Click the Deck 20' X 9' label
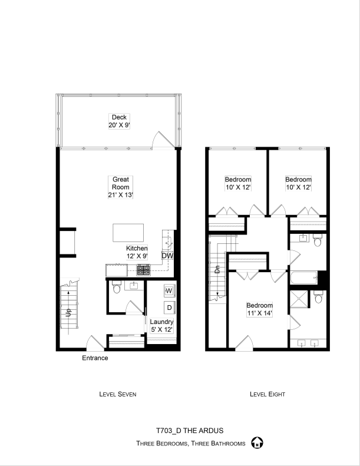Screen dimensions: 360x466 pyautogui.click(x=119, y=121)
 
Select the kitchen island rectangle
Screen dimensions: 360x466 pyautogui.click(x=128, y=233)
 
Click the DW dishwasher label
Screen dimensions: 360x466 pyautogui.click(x=167, y=256)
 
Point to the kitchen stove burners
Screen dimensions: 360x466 pyautogui.click(x=143, y=270)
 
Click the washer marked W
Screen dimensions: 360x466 pyautogui.click(x=169, y=290)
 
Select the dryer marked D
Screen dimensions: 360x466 pyautogui.click(x=170, y=308)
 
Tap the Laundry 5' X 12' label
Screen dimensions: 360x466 pyautogui.click(x=161, y=326)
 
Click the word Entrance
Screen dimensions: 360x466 pyautogui.click(x=95, y=358)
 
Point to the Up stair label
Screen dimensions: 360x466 pyautogui.click(x=68, y=312)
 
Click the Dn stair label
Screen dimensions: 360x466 pyautogui.click(x=217, y=270)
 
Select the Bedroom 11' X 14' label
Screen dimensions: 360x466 pyautogui.click(x=259, y=309)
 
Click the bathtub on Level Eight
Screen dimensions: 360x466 pyautogui.click(x=304, y=277)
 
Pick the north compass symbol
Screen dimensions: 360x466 pyautogui.click(x=257, y=443)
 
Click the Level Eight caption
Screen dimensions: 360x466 pyautogui.click(x=267, y=394)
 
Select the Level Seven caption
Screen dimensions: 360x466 pyautogui.click(x=118, y=394)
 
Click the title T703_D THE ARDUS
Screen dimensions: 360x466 pyautogui.click(x=190, y=431)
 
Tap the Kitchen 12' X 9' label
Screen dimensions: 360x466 pyautogui.click(x=137, y=252)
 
